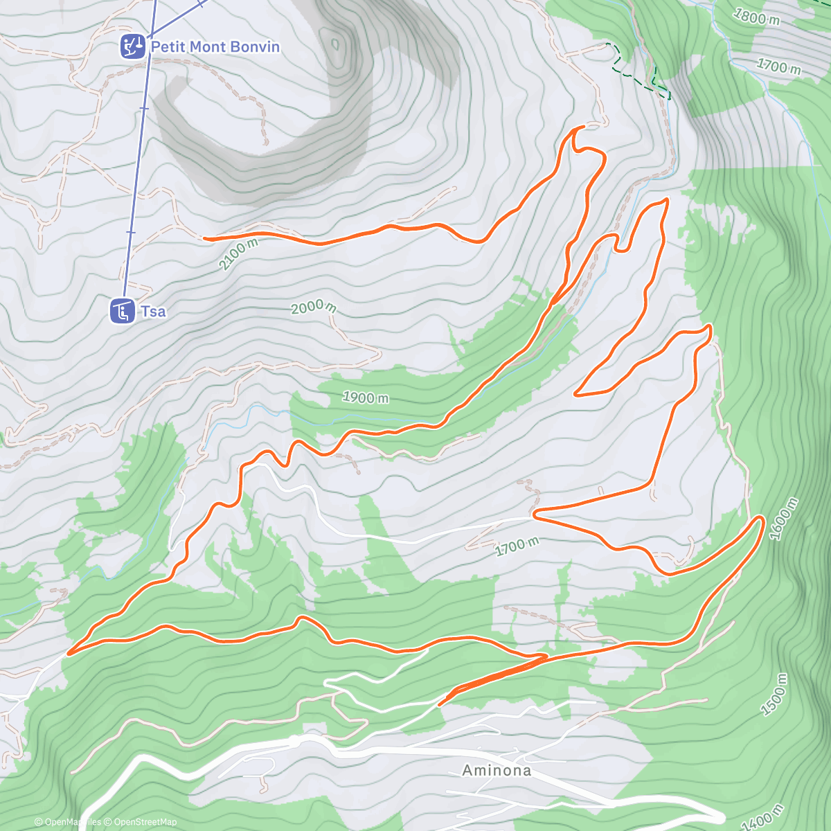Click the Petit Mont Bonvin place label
pyautogui.click(x=215, y=47)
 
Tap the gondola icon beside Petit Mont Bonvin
pyautogui.click(x=132, y=47)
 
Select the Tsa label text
pyautogui.click(x=153, y=312)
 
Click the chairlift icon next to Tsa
pyautogui.click(x=123, y=311)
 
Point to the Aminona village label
pyautogui.click(x=497, y=770)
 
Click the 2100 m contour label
pyautogui.click(x=238, y=254)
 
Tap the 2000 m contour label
pyautogui.click(x=313, y=307)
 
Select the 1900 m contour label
pyautogui.click(x=366, y=397)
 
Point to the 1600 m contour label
pyautogui.click(x=784, y=519)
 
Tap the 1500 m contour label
pyautogui.click(x=774, y=695)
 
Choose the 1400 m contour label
pyautogui.click(x=763, y=817)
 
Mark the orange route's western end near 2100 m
pyautogui.click(x=205, y=238)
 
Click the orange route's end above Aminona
pyautogui.click(x=440, y=704)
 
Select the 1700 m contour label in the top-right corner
pyautogui.click(x=779, y=66)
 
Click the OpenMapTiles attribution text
pyautogui.click(x=69, y=822)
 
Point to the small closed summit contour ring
pyautogui.click(x=336, y=45)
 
